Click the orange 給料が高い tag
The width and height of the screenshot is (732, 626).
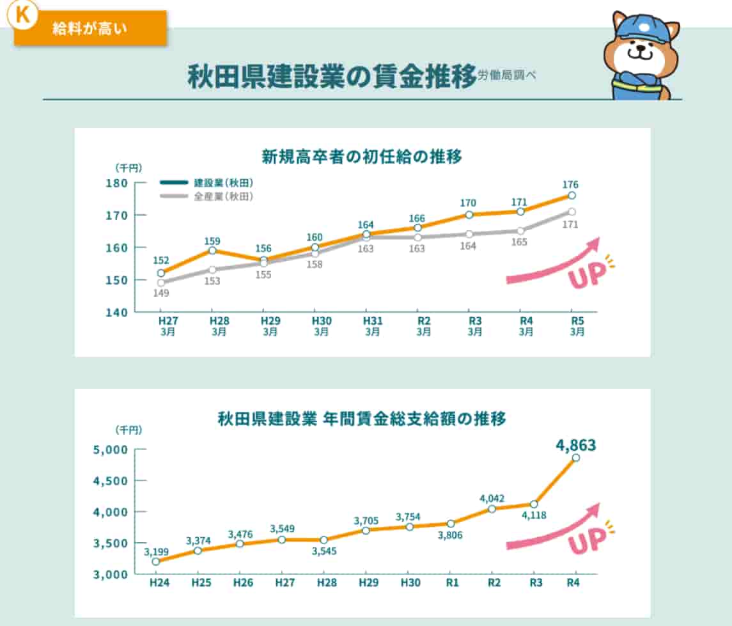point(90,29)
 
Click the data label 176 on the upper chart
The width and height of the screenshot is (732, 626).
point(572,185)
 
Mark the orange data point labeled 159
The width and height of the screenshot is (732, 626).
point(212,250)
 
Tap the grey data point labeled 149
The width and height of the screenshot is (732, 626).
point(160,283)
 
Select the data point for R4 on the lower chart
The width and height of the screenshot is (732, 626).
point(575,458)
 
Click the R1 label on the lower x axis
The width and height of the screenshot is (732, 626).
point(451,583)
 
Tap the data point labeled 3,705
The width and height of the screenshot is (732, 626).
point(365,530)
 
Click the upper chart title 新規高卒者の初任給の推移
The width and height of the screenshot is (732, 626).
point(362,156)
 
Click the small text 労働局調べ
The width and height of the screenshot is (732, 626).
point(507,75)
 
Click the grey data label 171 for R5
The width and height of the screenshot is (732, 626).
point(571,224)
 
